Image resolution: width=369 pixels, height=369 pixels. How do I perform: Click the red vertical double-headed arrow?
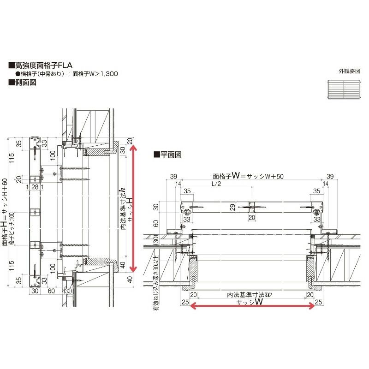coord(134,208)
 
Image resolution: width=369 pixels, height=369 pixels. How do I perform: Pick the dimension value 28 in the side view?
coord(35,187)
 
